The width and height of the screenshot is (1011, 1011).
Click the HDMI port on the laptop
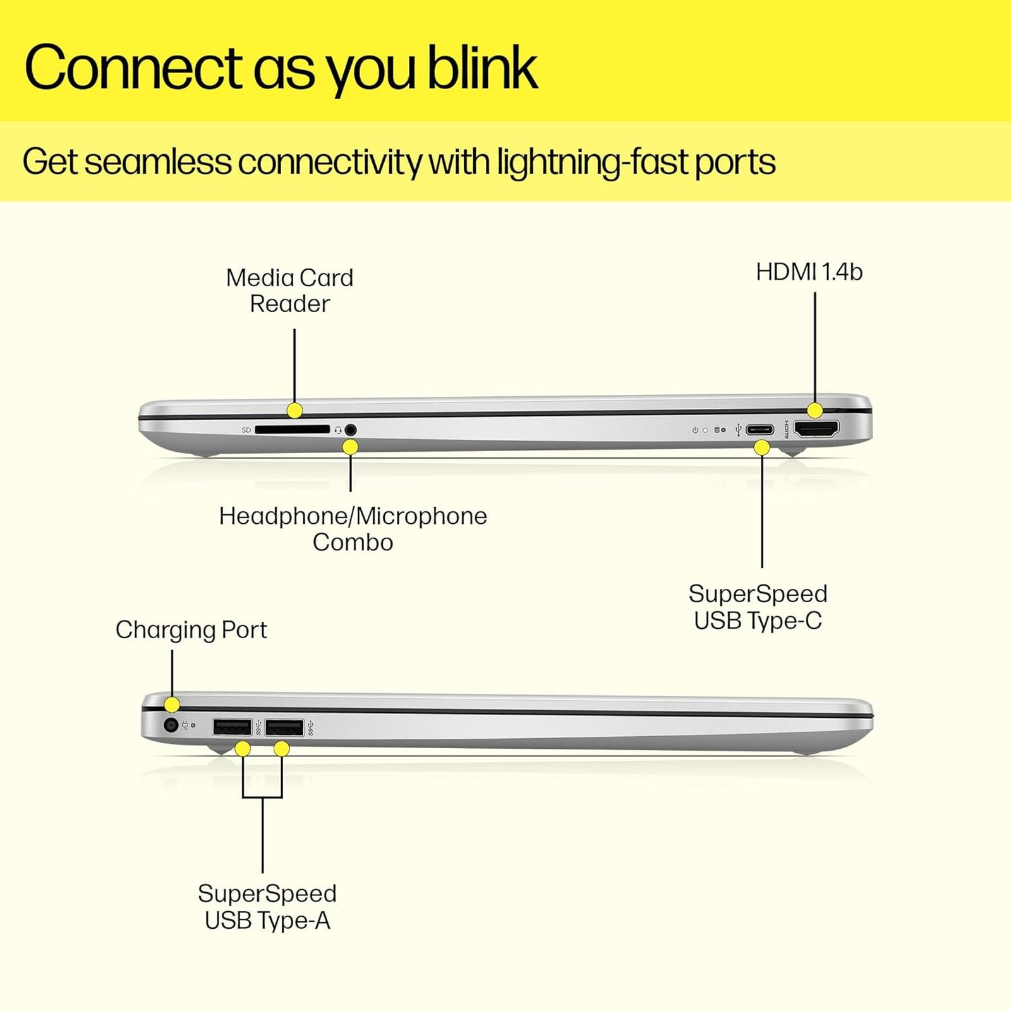(x=816, y=429)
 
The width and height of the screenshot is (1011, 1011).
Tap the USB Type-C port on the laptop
(x=759, y=430)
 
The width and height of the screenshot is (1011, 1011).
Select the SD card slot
(x=293, y=430)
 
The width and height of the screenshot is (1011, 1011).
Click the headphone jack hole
(x=351, y=430)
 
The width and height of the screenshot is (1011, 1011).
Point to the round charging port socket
(x=171, y=725)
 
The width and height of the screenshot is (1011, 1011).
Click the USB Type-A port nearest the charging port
(x=232, y=727)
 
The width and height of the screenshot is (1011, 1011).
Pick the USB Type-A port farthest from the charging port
(x=284, y=727)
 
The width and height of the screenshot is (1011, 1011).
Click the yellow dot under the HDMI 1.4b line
(x=815, y=410)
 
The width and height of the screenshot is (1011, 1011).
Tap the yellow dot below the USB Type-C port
(x=762, y=448)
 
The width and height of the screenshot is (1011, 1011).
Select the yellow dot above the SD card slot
(x=294, y=410)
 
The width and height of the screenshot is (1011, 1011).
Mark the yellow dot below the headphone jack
(x=350, y=447)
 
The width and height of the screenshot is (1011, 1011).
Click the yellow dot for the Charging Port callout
(x=172, y=705)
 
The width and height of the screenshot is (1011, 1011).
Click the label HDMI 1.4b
(x=809, y=272)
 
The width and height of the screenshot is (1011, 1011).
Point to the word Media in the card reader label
(x=259, y=278)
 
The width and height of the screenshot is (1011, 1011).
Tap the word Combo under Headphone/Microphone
(x=353, y=542)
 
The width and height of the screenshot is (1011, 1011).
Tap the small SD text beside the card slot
(x=246, y=430)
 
